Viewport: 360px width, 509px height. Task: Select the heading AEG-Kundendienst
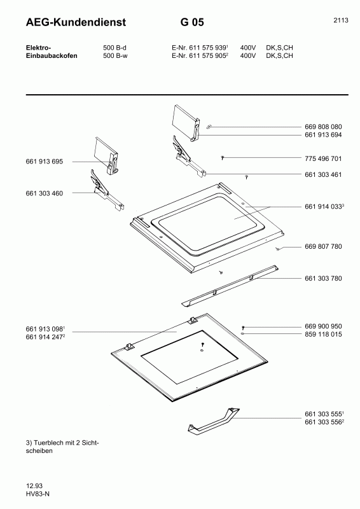(x=67, y=23)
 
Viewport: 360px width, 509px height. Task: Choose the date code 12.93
(x=17, y=485)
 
